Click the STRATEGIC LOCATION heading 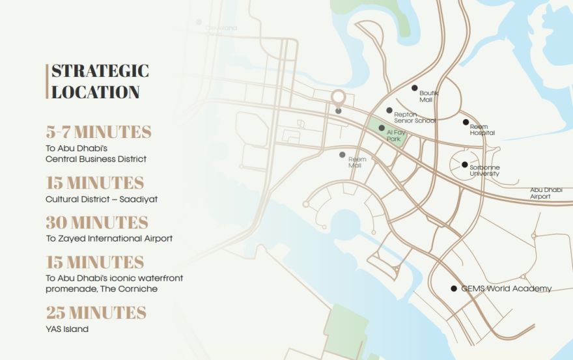click(x=100, y=81)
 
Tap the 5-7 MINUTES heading click(x=98, y=132)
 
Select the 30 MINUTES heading click(x=97, y=222)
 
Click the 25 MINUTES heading click(x=96, y=312)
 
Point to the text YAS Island click(x=67, y=329)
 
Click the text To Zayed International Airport click(x=109, y=239)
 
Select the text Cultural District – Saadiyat click(x=102, y=199)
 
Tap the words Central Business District click(x=96, y=159)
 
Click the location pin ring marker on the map click(x=338, y=98)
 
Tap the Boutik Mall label click(x=429, y=96)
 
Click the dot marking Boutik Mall click(x=414, y=88)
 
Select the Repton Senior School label click(x=414, y=117)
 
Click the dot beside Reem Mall click(x=342, y=155)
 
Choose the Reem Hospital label click(x=482, y=130)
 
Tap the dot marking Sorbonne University click(x=464, y=165)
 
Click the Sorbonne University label click(x=484, y=171)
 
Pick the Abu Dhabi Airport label click(x=545, y=193)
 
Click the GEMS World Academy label click(x=506, y=288)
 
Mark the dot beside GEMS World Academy click(x=454, y=288)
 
